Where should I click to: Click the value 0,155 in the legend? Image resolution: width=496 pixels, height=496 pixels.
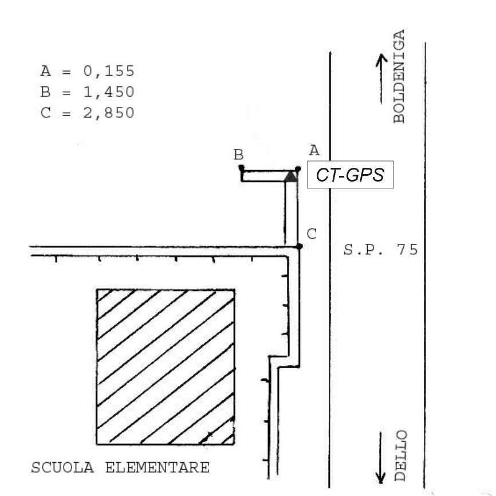pos(109,71)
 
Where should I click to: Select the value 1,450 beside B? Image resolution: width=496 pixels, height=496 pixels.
pos(109,92)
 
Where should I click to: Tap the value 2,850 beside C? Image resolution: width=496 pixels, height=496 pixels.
pos(109,113)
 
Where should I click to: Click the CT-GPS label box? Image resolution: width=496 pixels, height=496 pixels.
pos(351,175)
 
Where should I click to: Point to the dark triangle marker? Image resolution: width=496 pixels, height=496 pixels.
pos(291,176)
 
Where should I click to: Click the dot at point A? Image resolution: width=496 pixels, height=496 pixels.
pos(298,169)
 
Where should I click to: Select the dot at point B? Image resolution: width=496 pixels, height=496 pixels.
pos(241,167)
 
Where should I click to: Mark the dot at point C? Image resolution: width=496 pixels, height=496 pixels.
pos(300,246)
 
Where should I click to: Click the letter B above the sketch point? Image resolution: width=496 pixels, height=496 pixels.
pos(238,155)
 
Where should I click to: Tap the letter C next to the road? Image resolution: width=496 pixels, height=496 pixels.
pos(312,234)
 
